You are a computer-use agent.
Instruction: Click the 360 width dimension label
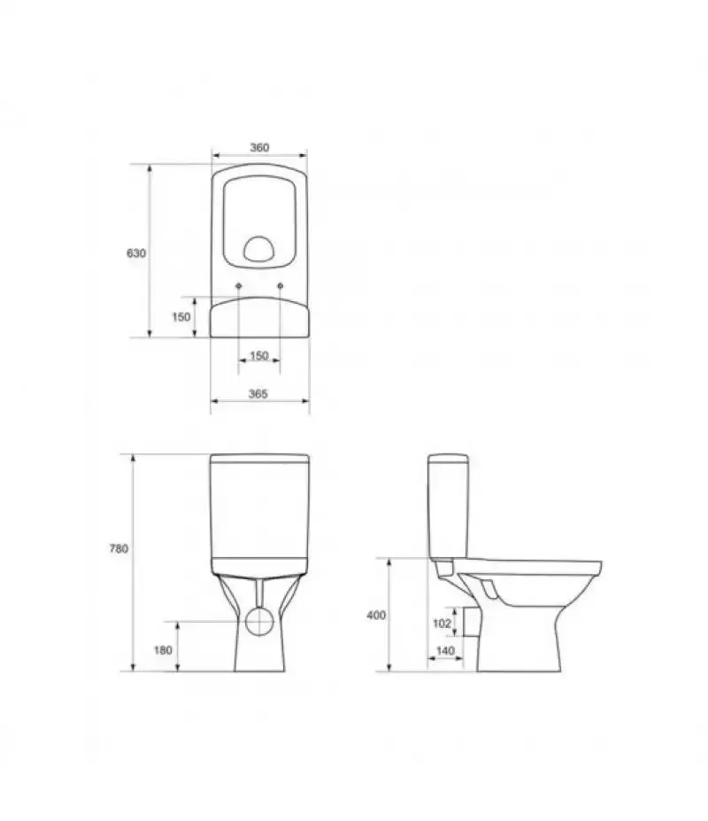[259, 148]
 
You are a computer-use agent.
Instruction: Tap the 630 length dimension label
[136, 253]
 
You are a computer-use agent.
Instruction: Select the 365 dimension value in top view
[258, 394]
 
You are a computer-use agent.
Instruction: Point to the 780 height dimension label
[119, 549]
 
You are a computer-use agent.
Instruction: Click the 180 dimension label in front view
[163, 650]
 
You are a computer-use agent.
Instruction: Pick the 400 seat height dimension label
[376, 616]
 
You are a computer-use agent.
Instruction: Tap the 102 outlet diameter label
[442, 623]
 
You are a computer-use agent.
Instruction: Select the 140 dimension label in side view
[445, 651]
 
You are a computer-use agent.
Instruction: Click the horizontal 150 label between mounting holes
[259, 356]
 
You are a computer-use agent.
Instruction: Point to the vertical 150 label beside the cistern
[181, 317]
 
